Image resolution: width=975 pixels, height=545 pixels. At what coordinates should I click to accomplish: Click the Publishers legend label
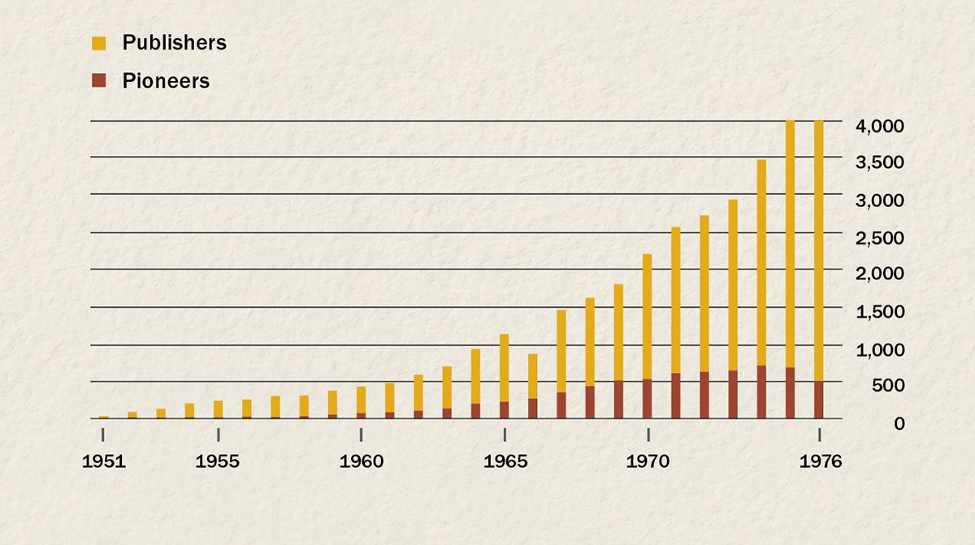pos(174,43)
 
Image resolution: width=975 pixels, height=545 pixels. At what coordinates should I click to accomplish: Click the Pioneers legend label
pos(166,81)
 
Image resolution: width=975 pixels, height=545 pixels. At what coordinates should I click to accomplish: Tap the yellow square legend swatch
pos(99,43)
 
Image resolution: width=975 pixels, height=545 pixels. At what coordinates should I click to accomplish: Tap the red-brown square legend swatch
pos(99,80)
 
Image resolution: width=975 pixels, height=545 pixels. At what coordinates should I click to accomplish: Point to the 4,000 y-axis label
pos(879,126)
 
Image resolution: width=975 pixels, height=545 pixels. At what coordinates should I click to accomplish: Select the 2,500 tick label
pos(879,237)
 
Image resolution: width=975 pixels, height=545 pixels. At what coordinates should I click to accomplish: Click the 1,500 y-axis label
pos(879,312)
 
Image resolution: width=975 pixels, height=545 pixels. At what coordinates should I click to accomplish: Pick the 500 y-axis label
pos(887,386)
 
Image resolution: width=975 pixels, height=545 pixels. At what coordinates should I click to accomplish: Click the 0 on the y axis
pos(899,423)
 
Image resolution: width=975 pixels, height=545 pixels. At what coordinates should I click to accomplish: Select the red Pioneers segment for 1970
pos(648,399)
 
